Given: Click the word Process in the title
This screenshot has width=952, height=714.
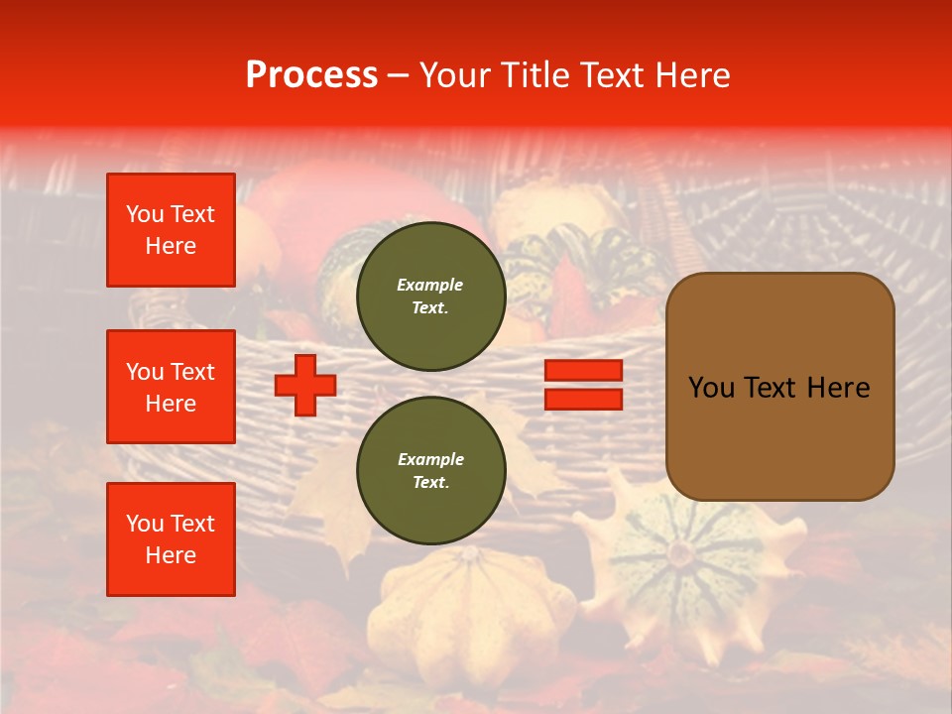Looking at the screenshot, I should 311,75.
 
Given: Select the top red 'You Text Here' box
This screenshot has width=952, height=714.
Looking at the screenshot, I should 171,230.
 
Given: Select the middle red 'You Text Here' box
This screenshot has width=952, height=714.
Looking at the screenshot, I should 171,387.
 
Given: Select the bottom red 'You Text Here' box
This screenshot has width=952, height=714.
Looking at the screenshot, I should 171,539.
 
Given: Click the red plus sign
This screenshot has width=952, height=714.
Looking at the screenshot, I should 304,385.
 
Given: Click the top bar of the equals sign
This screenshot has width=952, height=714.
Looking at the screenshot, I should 583,370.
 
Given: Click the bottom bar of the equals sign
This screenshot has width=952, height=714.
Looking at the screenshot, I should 583,400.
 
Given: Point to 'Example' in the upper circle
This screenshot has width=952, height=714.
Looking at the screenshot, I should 430,285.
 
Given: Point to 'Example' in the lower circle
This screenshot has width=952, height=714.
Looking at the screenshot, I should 430,459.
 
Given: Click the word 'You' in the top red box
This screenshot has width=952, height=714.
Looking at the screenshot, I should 145,214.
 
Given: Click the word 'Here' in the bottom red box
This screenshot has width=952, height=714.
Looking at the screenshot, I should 171,555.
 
